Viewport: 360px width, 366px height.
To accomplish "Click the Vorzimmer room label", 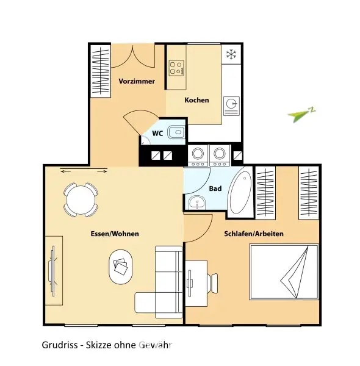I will (137, 81).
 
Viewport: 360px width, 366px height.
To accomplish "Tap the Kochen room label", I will (196, 100).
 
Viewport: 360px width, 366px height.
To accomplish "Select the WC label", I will (157, 132).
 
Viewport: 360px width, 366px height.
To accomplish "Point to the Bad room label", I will (215, 188).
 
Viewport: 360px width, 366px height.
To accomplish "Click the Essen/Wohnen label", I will (114, 234).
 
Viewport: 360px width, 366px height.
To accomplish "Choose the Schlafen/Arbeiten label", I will (254, 234).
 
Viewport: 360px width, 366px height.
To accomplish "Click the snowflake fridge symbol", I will (231, 55).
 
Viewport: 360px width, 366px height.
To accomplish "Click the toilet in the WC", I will (175, 131).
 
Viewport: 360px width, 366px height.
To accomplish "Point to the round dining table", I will (80, 199).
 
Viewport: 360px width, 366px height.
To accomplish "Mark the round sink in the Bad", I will (196, 204).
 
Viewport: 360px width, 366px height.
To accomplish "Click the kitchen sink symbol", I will (232, 105).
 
